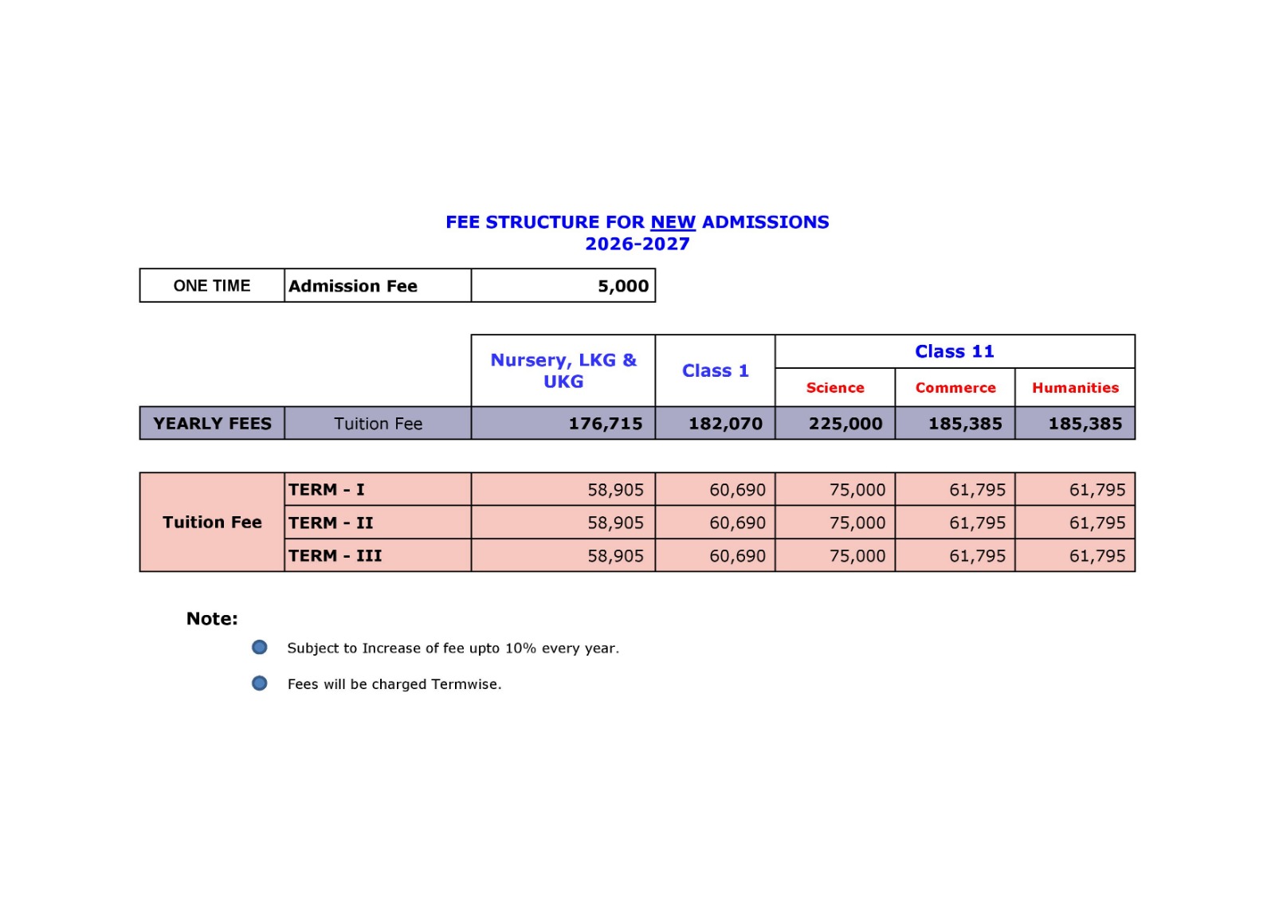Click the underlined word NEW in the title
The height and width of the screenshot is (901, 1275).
(673, 222)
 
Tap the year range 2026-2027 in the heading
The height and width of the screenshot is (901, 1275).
(637, 244)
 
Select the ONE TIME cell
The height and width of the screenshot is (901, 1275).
(212, 286)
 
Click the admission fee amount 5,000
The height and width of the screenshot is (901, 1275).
(623, 286)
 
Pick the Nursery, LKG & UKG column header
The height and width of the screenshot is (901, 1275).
(563, 370)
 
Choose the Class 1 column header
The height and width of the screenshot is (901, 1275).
(715, 370)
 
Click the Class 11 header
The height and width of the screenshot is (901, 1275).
(954, 351)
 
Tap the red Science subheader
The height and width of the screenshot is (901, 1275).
(834, 388)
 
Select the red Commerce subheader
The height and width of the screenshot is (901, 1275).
(955, 388)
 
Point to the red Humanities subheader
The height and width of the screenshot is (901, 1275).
(1075, 388)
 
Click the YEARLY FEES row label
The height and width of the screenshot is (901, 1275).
(212, 424)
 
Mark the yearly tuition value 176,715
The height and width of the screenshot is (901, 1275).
(605, 424)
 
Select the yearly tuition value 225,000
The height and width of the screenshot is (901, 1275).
(845, 424)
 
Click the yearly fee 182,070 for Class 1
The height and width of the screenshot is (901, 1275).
(725, 424)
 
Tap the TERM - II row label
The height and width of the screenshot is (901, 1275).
(331, 523)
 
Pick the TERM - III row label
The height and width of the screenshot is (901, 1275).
(335, 556)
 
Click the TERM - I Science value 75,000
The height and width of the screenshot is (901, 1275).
(857, 490)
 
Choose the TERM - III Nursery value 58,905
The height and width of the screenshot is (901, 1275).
(615, 556)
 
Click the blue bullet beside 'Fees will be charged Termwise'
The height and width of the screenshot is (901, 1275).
(260, 684)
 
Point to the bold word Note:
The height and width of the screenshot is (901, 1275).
(212, 619)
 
